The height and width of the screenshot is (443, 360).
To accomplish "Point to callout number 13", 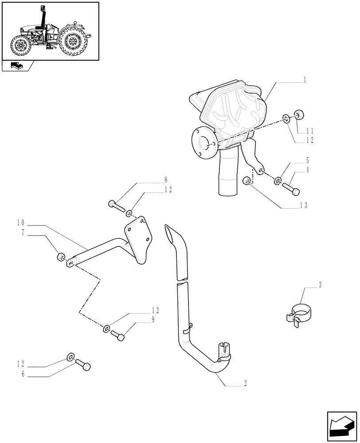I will (304, 205).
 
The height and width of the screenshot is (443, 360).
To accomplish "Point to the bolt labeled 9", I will (118, 335).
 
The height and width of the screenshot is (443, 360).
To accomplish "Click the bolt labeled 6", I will (83, 365).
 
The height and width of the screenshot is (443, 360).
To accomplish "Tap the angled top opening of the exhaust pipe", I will (170, 233).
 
